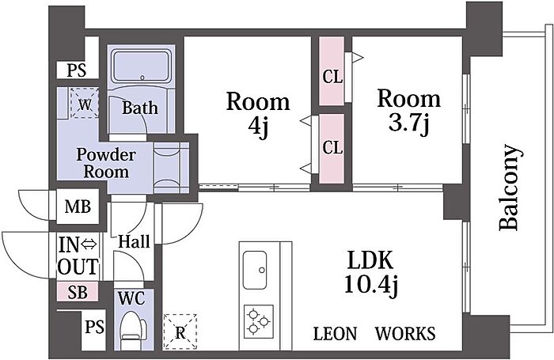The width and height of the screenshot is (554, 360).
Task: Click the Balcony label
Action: click(x=510, y=188)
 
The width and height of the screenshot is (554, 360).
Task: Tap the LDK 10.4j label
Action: click(x=370, y=272)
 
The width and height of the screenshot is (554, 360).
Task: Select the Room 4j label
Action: click(x=258, y=113)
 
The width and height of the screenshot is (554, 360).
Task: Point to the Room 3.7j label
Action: click(x=409, y=111)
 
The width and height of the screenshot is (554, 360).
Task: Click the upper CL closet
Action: click(x=332, y=71)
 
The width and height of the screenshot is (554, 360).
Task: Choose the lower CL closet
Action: click(x=332, y=149)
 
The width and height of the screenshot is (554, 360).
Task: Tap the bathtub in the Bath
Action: click(x=142, y=66)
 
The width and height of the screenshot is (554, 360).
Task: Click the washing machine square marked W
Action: click(x=85, y=103)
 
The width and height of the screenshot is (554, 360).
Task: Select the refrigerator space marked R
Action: click(x=180, y=332)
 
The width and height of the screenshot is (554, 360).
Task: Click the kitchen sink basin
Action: click(x=255, y=270)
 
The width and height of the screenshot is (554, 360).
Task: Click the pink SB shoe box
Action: click(x=78, y=292)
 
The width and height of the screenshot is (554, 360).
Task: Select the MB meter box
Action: click(x=78, y=207)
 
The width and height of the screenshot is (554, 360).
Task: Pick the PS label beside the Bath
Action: click(x=77, y=70)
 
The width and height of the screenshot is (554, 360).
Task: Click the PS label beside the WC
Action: click(x=94, y=327)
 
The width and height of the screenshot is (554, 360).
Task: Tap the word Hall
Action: click(x=134, y=241)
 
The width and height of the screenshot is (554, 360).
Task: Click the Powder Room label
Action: click(x=106, y=163)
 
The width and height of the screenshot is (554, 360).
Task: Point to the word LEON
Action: click(x=335, y=334)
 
